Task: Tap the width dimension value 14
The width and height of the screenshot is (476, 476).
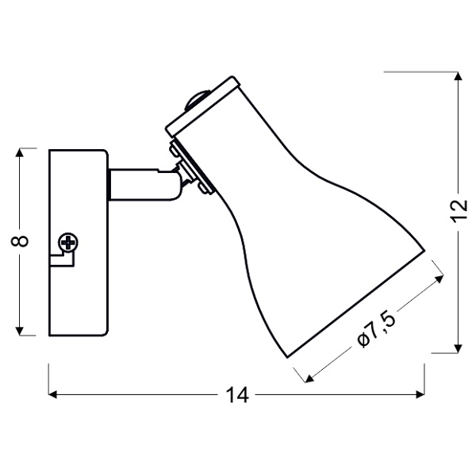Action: [237, 394]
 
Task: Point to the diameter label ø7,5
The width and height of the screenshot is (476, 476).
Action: [374, 328]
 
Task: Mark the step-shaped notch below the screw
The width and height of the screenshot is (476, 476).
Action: [58, 259]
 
